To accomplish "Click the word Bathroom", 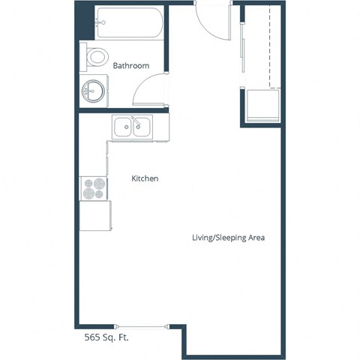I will [x=130, y=66].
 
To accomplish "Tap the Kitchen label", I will [x=144, y=178].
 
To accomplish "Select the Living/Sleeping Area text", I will [x=229, y=238].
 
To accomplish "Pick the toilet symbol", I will [x=95, y=57].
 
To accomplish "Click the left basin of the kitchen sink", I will [x=122, y=127].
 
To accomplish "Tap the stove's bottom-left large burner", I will [x=89, y=193].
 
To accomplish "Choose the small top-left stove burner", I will [x=89, y=182].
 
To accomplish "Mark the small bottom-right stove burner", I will [x=100, y=193].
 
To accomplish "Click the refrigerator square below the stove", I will [x=95, y=216].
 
